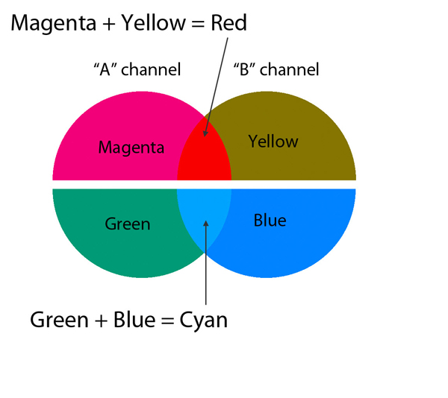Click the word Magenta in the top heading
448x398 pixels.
tap(50, 23)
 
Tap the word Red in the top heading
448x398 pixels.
tap(227, 23)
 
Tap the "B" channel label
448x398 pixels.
tap(276, 70)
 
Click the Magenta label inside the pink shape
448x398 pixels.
tap(131, 147)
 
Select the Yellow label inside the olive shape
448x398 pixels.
tap(273, 141)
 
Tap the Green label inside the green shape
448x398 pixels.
tap(128, 223)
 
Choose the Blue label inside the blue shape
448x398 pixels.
tap(270, 221)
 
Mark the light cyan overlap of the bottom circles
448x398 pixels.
tap(204, 216)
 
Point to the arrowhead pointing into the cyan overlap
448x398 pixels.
tap(205, 223)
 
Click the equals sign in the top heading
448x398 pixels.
tap(193, 24)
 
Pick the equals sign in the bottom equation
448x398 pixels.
tap(164, 320)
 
